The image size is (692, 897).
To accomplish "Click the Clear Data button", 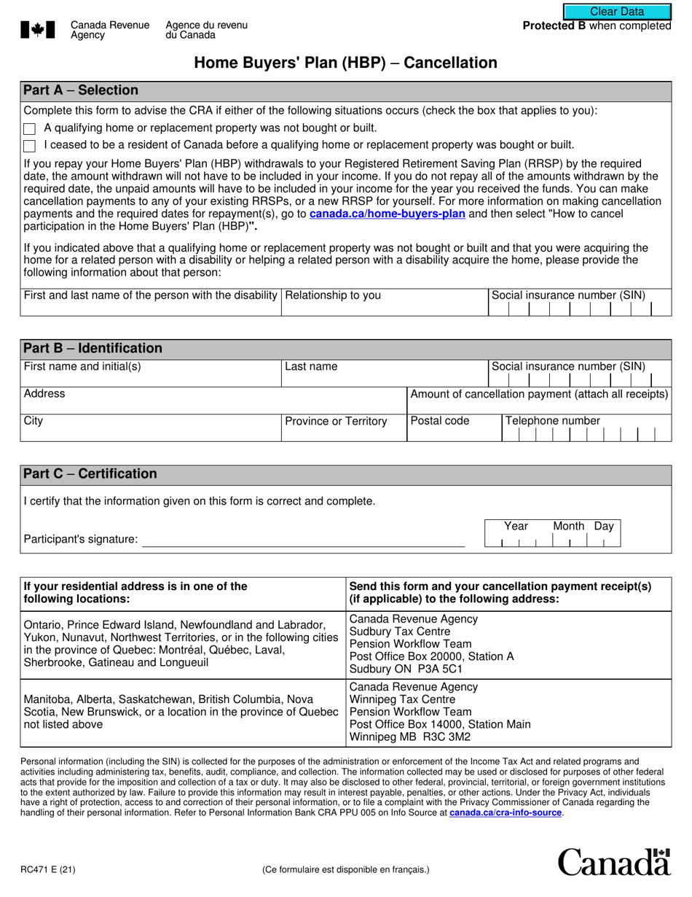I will click(616, 12).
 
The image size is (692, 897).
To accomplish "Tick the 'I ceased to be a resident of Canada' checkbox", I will click(29, 146).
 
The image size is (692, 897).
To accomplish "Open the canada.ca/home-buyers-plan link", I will click(387, 214).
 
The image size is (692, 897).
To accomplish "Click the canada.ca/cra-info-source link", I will click(506, 812).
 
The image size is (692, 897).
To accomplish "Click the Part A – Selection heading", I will click(81, 90).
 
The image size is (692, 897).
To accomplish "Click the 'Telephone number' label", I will click(552, 421).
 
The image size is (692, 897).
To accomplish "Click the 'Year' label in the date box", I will click(516, 527).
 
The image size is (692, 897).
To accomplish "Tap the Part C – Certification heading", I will click(90, 474).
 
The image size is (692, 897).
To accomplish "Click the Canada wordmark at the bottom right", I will click(613, 862).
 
